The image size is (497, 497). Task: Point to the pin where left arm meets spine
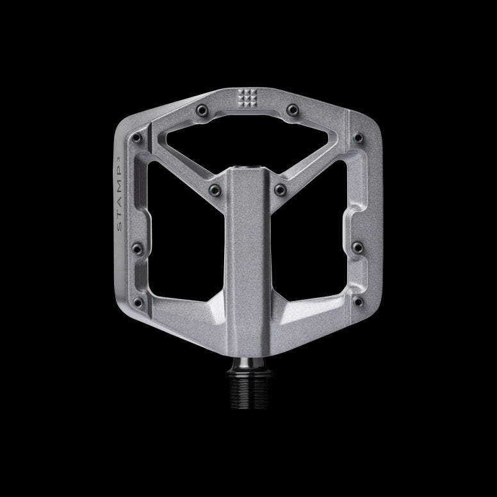pyautogui.click(x=215, y=190)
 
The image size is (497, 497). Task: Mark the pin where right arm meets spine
pyautogui.click(x=280, y=190)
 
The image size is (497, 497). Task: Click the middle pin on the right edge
pyautogui.click(x=358, y=247)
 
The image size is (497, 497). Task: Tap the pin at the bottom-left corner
pyautogui.click(x=138, y=301)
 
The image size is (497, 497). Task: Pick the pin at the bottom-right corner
pyautogui.click(x=357, y=301)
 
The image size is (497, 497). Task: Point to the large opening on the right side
pyautogui.click(x=316, y=243)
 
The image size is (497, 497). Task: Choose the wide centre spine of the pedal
pyautogui.click(x=248, y=269)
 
